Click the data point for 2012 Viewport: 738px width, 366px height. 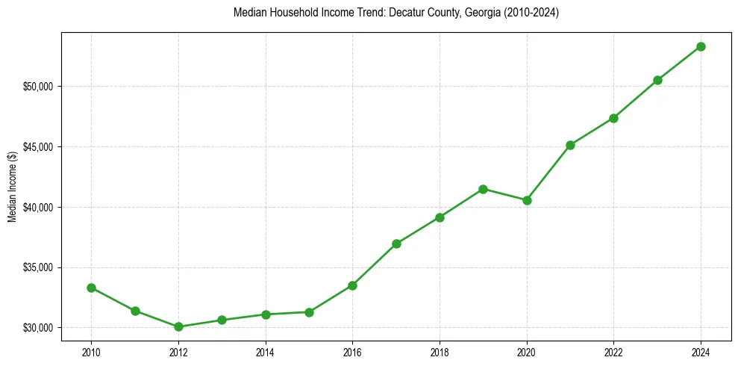(x=178, y=326)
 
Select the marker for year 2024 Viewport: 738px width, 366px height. (x=701, y=46)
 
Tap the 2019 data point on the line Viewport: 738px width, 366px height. (x=483, y=189)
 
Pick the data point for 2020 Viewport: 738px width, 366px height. (x=527, y=200)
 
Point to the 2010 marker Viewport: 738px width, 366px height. (x=91, y=288)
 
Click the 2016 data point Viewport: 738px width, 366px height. (x=352, y=285)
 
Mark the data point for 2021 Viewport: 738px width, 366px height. (x=570, y=145)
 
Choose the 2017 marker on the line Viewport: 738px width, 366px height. (x=396, y=244)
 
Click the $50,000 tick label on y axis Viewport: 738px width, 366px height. (x=38, y=87)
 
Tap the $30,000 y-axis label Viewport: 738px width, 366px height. (x=38, y=328)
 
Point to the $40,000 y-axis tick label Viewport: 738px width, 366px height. (x=38, y=207)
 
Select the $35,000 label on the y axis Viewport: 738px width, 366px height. (x=38, y=267)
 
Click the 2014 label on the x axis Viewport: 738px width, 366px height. (x=266, y=352)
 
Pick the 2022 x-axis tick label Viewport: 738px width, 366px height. (x=613, y=352)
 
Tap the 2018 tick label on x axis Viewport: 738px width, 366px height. (x=440, y=352)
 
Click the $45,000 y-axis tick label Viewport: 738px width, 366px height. (x=38, y=147)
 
